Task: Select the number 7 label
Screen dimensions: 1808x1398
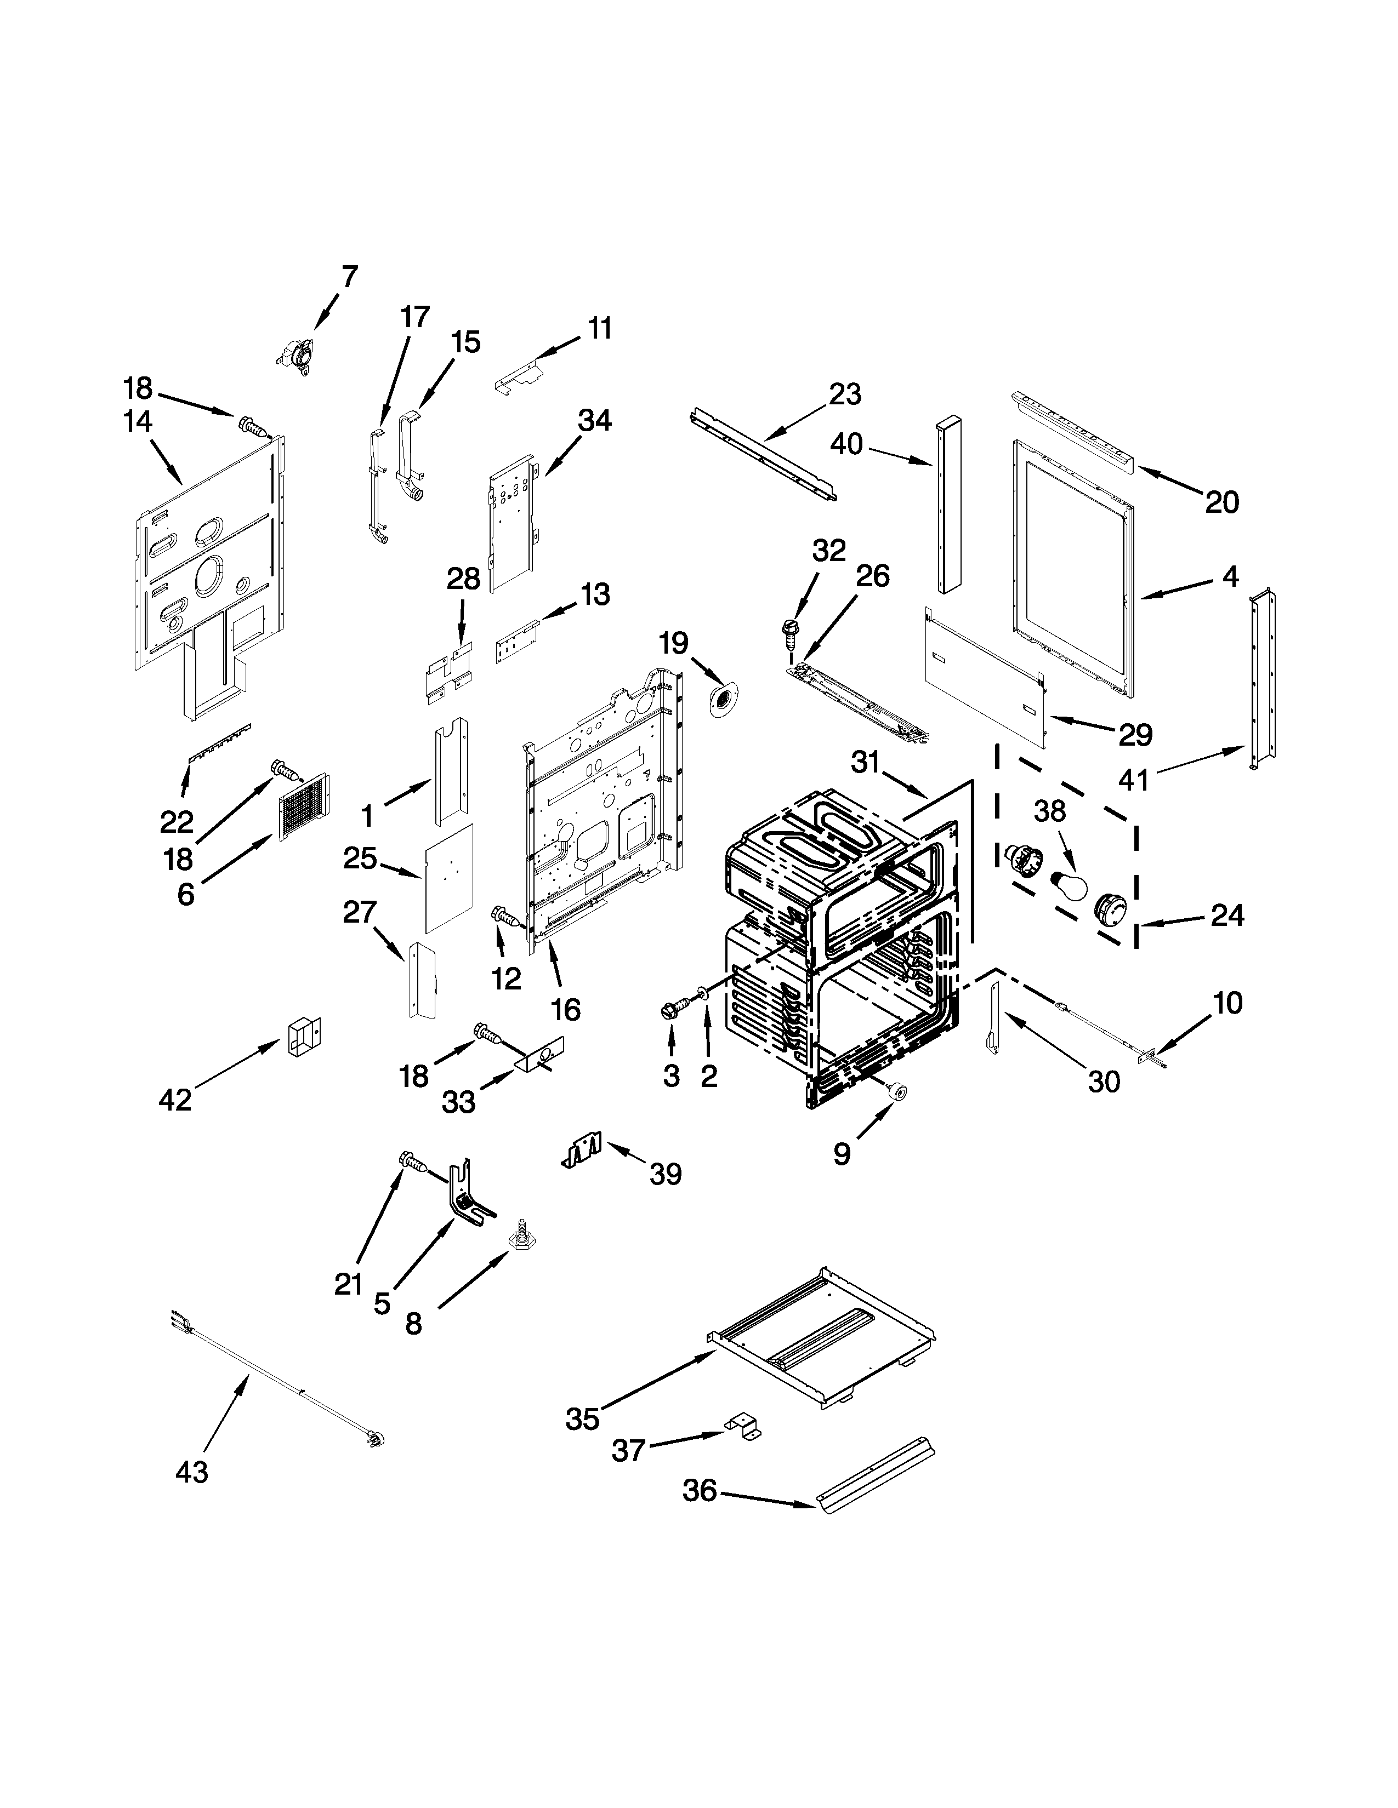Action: (x=350, y=277)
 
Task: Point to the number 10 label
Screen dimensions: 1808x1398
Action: (x=1227, y=1003)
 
